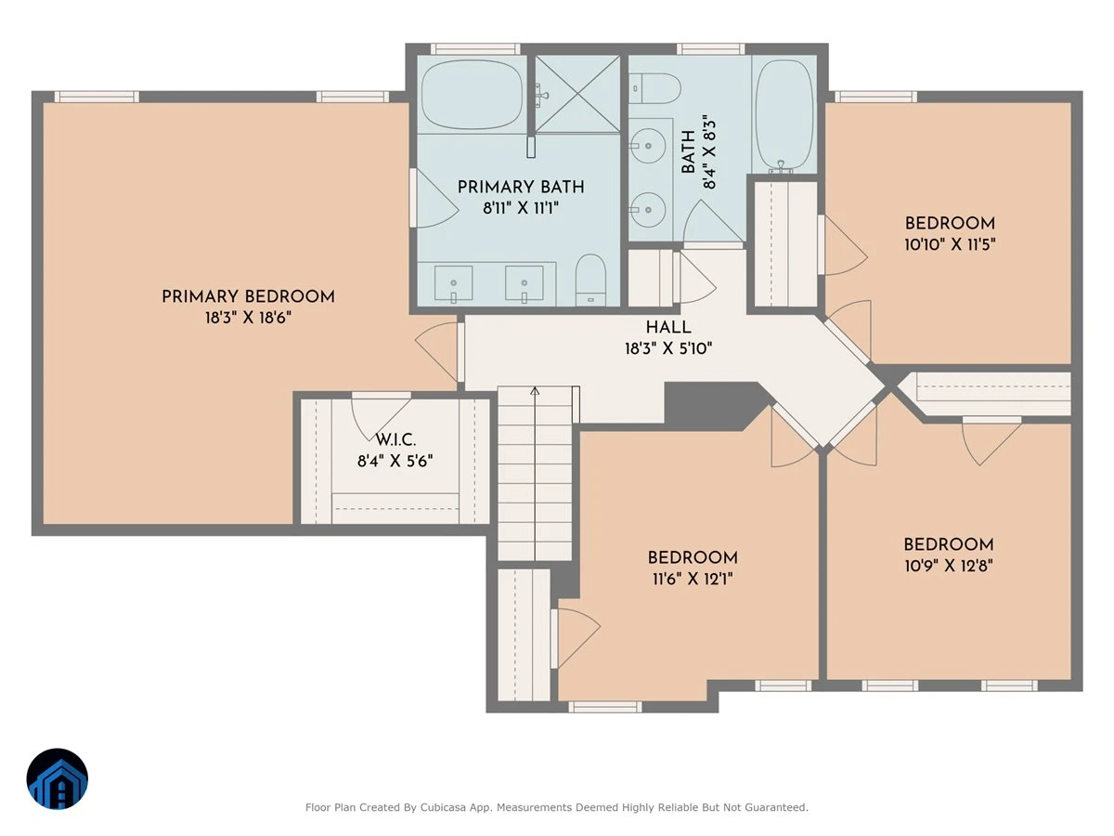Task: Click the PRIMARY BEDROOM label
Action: [248, 296]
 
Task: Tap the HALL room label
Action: [667, 327]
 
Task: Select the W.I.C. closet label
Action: [395, 439]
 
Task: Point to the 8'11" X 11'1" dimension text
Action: [521, 208]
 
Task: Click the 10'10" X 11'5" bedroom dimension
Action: [950, 244]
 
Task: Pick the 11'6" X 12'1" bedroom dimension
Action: [693, 579]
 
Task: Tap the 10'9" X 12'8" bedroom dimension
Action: [949, 566]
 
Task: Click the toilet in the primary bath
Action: [591, 281]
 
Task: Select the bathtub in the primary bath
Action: [472, 95]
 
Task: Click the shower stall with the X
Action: [577, 95]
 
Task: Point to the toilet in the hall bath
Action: [654, 88]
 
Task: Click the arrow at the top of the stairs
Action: [535, 391]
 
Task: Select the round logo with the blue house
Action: [58, 778]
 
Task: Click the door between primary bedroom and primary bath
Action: [434, 199]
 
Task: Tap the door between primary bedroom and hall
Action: [437, 351]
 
